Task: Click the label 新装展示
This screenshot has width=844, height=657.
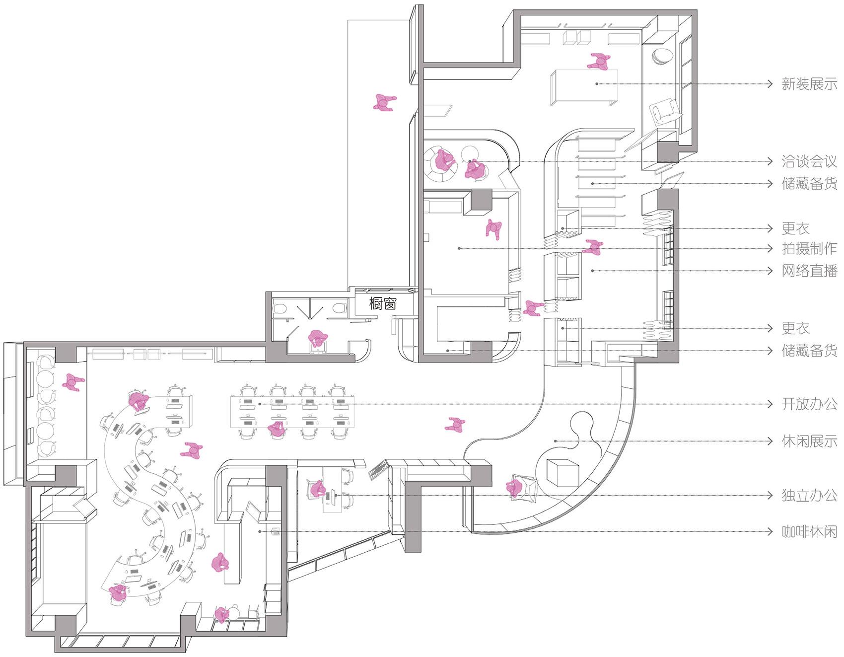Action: click(809, 84)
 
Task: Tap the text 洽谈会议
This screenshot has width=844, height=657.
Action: click(809, 161)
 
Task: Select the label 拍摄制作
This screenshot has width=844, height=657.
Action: click(809, 248)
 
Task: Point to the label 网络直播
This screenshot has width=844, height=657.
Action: click(809, 271)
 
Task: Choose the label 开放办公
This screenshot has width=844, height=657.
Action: click(809, 404)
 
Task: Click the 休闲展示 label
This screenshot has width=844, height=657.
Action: click(809, 441)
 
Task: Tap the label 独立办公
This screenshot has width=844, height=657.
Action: click(809, 495)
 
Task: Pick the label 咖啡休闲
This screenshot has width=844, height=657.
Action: click(809, 532)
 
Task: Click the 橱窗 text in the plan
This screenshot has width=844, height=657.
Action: click(383, 303)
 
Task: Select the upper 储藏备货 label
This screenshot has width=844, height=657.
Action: click(809, 184)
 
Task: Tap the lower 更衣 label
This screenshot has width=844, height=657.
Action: click(795, 328)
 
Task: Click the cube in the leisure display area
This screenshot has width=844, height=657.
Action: click(563, 472)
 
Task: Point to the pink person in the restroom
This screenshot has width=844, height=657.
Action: click(317, 339)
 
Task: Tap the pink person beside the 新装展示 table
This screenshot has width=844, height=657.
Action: click(599, 62)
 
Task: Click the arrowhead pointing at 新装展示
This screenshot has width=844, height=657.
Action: click(770, 84)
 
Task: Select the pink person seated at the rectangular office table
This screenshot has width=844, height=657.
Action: click(277, 429)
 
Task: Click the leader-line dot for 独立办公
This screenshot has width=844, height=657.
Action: click(336, 495)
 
